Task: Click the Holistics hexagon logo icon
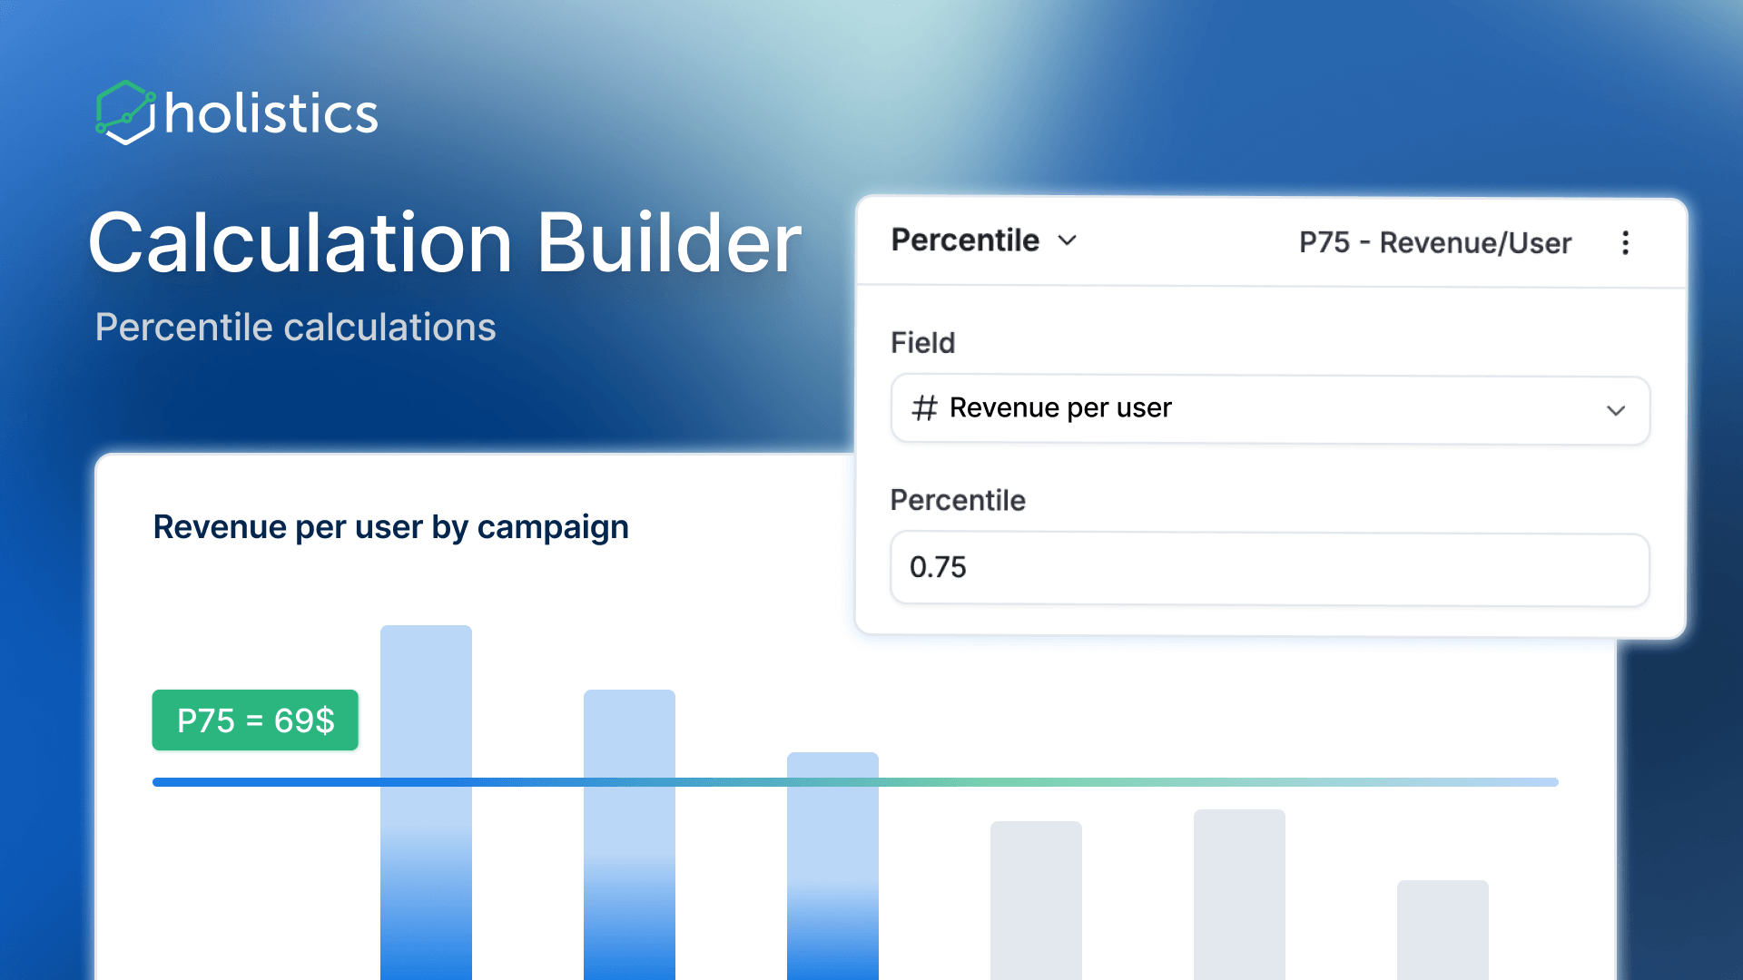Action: coord(124,113)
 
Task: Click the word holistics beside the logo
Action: coord(271,114)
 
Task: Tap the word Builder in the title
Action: coord(669,243)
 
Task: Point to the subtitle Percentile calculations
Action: coord(295,328)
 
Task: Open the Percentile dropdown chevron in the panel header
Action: coord(1068,240)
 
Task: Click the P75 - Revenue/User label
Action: coord(1434,243)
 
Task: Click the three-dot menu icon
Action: coord(1625,243)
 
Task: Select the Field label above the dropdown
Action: coord(922,343)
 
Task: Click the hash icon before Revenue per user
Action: coord(924,408)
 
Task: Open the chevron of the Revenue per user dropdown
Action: coord(1615,410)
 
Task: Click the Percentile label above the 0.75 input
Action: coord(958,500)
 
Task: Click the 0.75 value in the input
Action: coord(938,568)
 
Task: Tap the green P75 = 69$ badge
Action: coord(255,720)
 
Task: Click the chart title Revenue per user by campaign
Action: coord(390,527)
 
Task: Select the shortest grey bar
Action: coord(1443,930)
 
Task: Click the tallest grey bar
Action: coord(1239,894)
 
